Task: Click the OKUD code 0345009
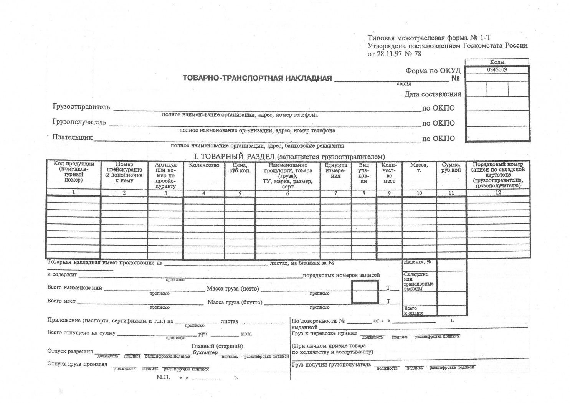click(x=497, y=70)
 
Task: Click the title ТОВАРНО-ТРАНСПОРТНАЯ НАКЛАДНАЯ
click(x=257, y=78)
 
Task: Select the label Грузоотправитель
click(x=81, y=107)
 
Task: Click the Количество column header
click(x=204, y=165)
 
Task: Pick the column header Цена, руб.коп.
click(x=240, y=168)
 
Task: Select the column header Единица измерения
click(x=335, y=170)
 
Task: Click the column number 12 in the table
click(x=498, y=193)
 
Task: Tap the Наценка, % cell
click(x=417, y=262)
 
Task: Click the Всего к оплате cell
click(x=413, y=311)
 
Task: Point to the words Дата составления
click(x=432, y=94)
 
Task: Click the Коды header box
click(x=497, y=62)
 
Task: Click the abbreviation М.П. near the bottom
click(x=163, y=377)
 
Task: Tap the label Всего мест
click(x=61, y=301)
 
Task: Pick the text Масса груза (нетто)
click(x=233, y=289)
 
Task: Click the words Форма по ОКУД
click(x=433, y=71)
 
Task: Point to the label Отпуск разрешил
click(x=70, y=351)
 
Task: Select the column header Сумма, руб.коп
click(x=451, y=167)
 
